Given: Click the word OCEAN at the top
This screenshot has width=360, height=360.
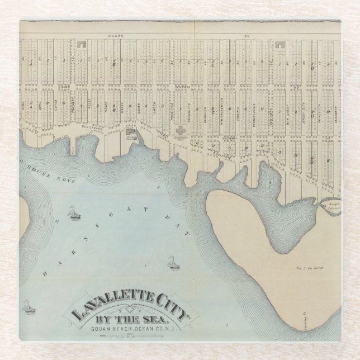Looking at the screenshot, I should (x=115, y=35).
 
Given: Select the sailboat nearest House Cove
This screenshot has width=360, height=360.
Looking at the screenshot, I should (x=71, y=212).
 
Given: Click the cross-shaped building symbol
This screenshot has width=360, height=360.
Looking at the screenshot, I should (x=181, y=128).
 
